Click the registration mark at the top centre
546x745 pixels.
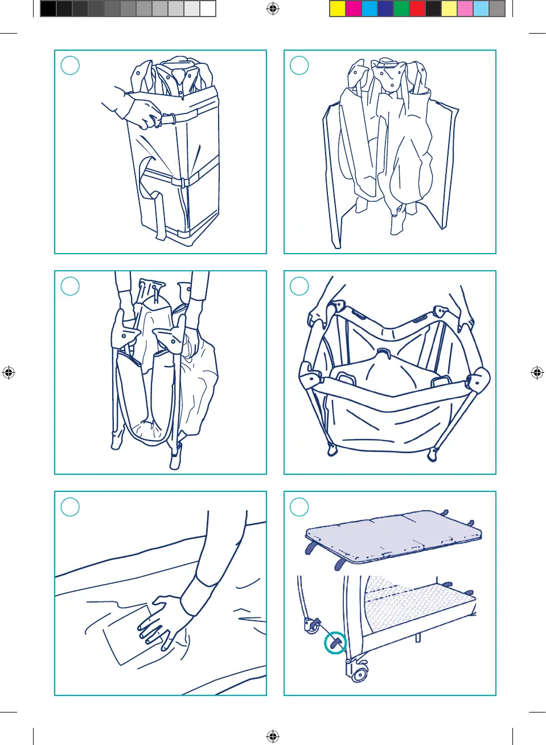pyautogui.click(x=273, y=9)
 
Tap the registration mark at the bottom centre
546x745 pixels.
pyautogui.click(x=273, y=736)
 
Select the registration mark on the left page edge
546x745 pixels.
pyautogui.click(x=9, y=373)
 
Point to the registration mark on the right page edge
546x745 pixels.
pyautogui.click(x=537, y=373)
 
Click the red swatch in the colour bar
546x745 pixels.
pyautogui.click(x=417, y=9)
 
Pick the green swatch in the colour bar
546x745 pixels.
pyautogui.click(x=401, y=9)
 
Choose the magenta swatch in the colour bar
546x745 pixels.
pyautogui.click(x=354, y=9)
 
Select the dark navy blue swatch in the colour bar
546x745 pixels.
pyautogui.click(x=385, y=9)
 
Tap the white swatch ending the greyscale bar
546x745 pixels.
pyautogui.click(x=208, y=9)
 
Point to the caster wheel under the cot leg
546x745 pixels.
pyautogui.click(x=359, y=674)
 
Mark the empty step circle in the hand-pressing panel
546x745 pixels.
pyautogui.click(x=70, y=507)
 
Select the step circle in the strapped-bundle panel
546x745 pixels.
pyautogui.click(x=70, y=66)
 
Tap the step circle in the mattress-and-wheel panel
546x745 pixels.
pyautogui.click(x=299, y=507)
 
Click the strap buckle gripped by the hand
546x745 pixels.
pyautogui.click(x=169, y=119)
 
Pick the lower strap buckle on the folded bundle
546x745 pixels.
pyautogui.click(x=178, y=182)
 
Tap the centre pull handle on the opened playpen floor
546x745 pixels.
pyautogui.click(x=383, y=353)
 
